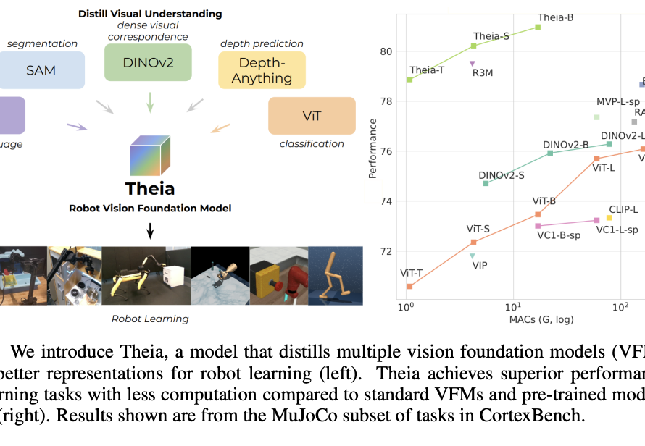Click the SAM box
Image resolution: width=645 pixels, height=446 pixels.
pos(42,70)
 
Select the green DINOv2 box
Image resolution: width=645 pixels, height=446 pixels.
pos(149,62)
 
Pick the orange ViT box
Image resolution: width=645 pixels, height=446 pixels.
pos(312,116)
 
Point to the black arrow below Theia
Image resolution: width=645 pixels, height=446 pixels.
pos(150,230)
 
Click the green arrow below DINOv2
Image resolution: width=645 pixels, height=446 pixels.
pos(150,101)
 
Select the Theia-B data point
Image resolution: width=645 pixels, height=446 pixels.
pos(538,27)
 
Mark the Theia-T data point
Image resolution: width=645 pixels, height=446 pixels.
pos(409,80)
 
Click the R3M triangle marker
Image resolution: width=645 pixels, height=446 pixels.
pos(473,64)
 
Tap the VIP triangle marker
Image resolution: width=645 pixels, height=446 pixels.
pos(473,256)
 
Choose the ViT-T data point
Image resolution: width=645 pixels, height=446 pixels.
pos(409,286)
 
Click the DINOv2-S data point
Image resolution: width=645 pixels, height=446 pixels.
pos(486,183)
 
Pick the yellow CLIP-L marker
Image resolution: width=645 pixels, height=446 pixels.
pos(609,217)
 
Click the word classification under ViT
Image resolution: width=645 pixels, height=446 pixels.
pos(312,144)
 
